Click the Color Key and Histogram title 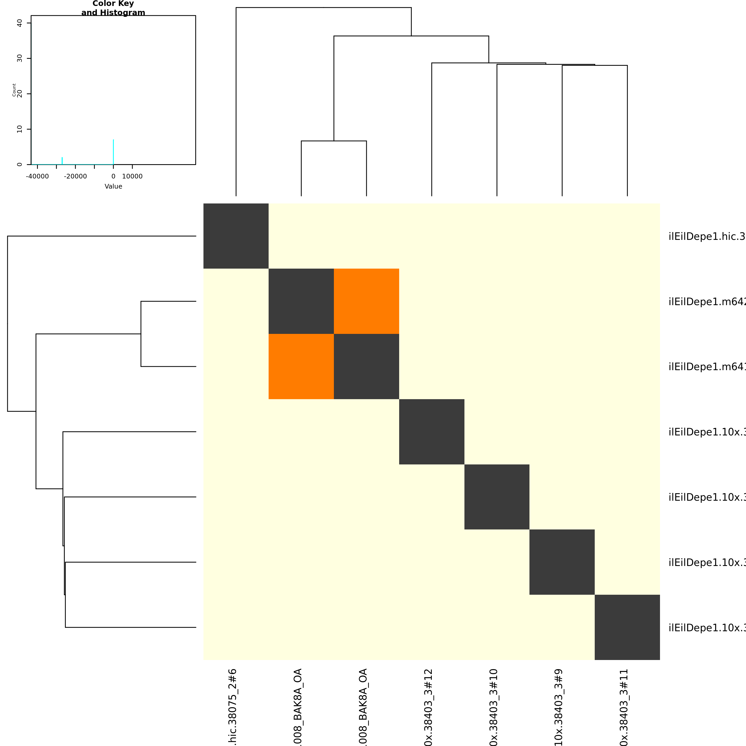click(x=113, y=8)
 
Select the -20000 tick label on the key click(x=75, y=176)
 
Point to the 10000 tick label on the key click(x=132, y=176)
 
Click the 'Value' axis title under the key click(x=113, y=187)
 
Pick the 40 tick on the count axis click(x=19, y=23)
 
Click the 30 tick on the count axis click(x=19, y=58)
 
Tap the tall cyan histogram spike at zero click(x=113, y=152)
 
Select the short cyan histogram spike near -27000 click(x=62, y=161)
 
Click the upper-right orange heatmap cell click(x=366, y=301)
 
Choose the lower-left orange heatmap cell click(x=301, y=366)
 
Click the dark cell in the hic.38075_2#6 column click(x=236, y=236)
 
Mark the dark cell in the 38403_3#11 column click(x=627, y=627)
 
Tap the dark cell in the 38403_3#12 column click(x=432, y=432)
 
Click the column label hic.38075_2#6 click(x=232, y=707)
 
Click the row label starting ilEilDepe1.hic click(x=707, y=236)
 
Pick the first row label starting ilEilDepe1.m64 click(x=707, y=302)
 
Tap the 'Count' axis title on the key click(x=14, y=90)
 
